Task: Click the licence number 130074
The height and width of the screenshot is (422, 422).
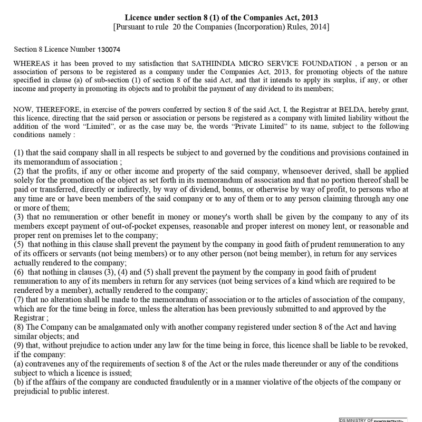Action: (109, 49)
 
